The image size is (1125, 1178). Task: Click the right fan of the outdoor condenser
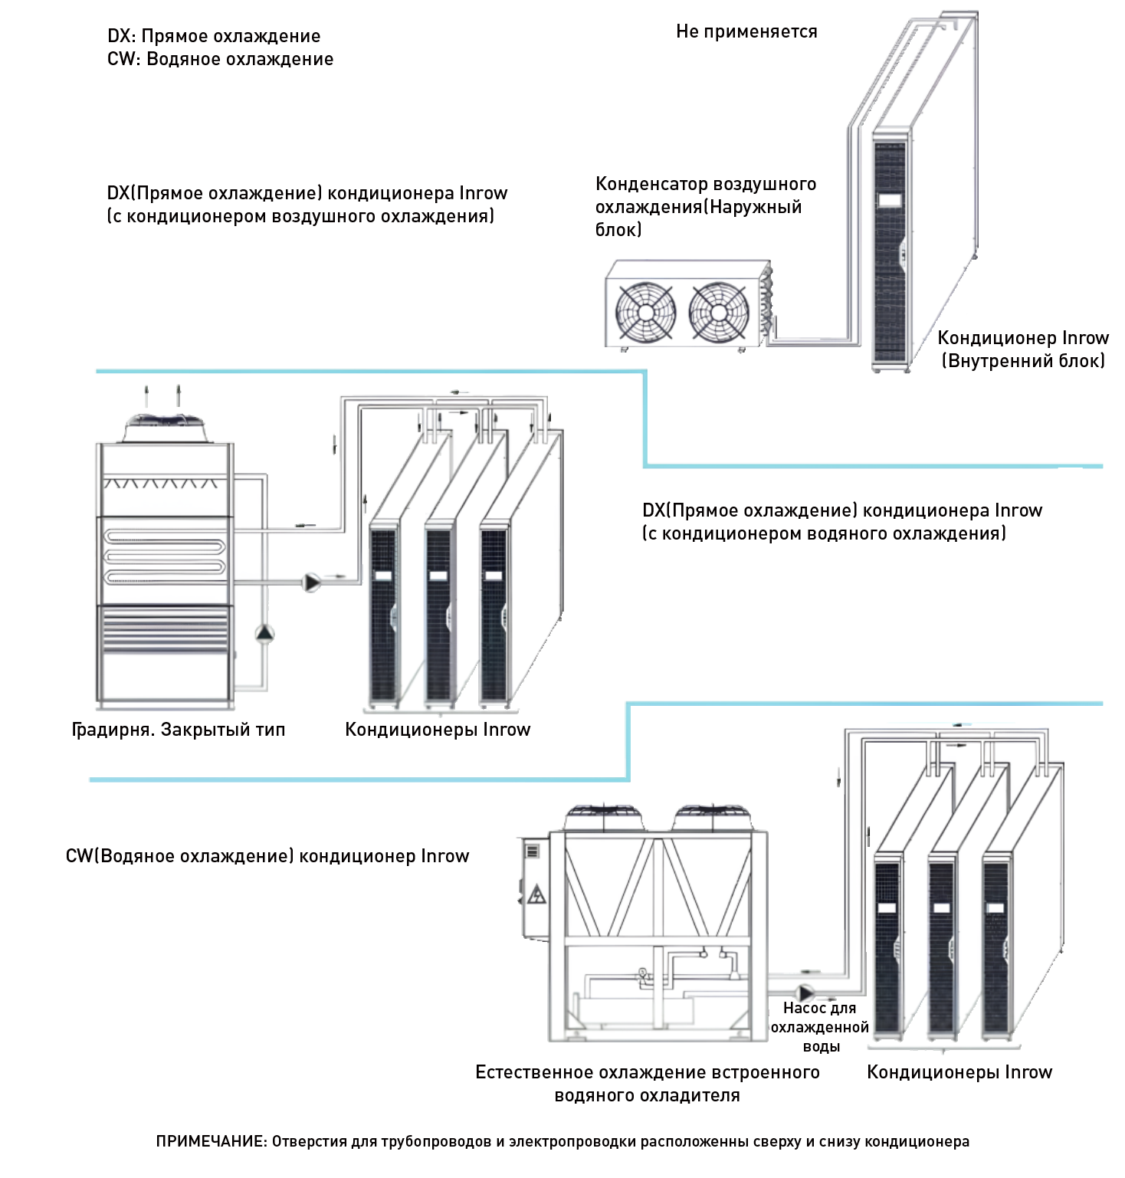(718, 312)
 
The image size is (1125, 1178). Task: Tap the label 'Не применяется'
(746, 31)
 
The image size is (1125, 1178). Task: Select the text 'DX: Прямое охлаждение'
(214, 36)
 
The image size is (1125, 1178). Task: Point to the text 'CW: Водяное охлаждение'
(220, 59)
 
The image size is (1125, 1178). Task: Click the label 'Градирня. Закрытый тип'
(178, 730)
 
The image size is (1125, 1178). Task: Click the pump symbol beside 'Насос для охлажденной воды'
(806, 993)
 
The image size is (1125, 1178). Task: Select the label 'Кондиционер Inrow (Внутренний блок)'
(1022, 349)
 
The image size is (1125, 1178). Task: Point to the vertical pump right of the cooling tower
(264, 633)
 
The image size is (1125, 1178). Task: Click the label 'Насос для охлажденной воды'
(819, 1027)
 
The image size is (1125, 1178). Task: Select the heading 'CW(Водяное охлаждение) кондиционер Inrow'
(267, 856)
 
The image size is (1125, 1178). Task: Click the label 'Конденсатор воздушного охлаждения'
(705, 206)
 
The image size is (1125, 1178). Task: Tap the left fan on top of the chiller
(603, 815)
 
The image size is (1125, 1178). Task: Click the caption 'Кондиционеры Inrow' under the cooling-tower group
(438, 730)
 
